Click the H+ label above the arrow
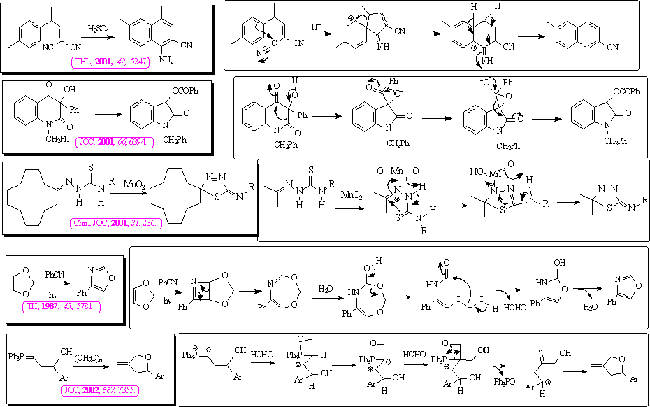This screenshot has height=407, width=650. (x=317, y=27)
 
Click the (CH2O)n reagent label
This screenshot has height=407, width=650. (x=87, y=357)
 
